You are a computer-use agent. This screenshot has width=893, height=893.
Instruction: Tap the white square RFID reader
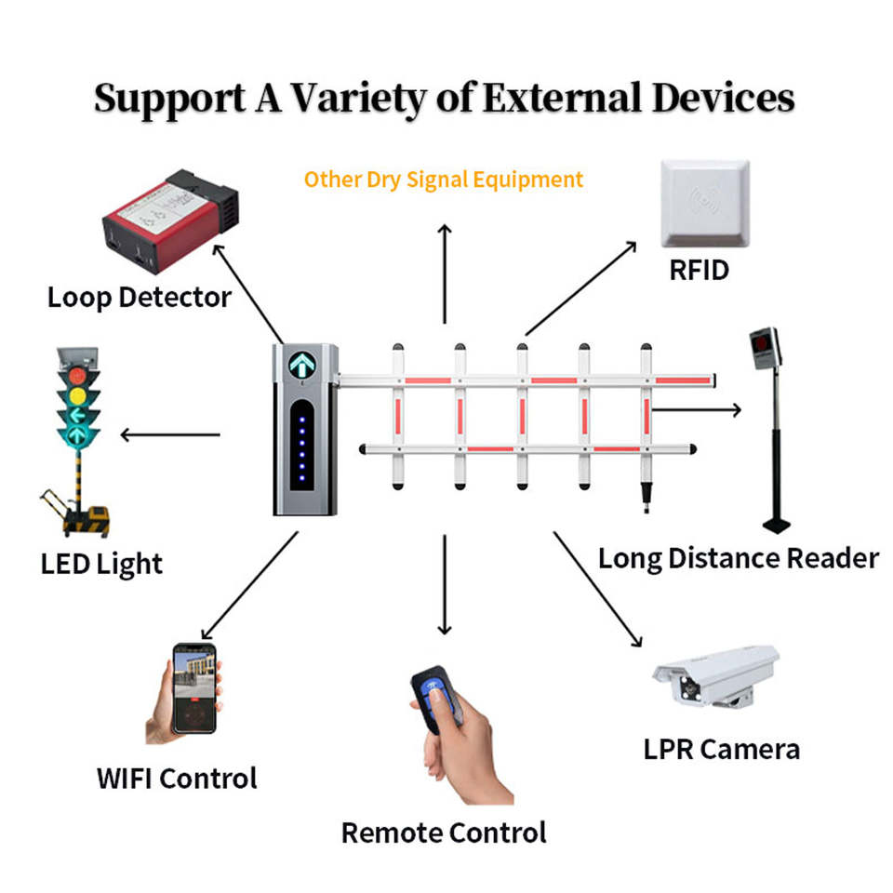[x=704, y=204]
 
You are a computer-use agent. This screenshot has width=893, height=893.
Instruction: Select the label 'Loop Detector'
[x=140, y=298]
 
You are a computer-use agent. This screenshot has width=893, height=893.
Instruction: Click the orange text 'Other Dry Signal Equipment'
[x=444, y=179]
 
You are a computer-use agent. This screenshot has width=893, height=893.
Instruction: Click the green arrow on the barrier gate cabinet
[x=302, y=365]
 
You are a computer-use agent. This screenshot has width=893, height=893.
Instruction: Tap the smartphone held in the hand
[x=193, y=687]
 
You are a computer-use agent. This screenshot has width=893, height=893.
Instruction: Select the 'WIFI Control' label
[x=177, y=778]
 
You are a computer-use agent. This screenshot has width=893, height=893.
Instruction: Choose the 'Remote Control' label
[x=444, y=832]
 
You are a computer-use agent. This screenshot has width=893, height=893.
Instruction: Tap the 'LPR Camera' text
[x=721, y=748]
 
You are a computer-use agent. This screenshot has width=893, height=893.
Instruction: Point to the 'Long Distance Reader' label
[x=738, y=558]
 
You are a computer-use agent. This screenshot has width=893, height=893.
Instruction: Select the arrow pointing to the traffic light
[x=169, y=434]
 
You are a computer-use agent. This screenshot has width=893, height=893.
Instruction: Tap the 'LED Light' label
[x=101, y=564]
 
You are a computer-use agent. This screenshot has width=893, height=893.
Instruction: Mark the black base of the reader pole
[x=776, y=525]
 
